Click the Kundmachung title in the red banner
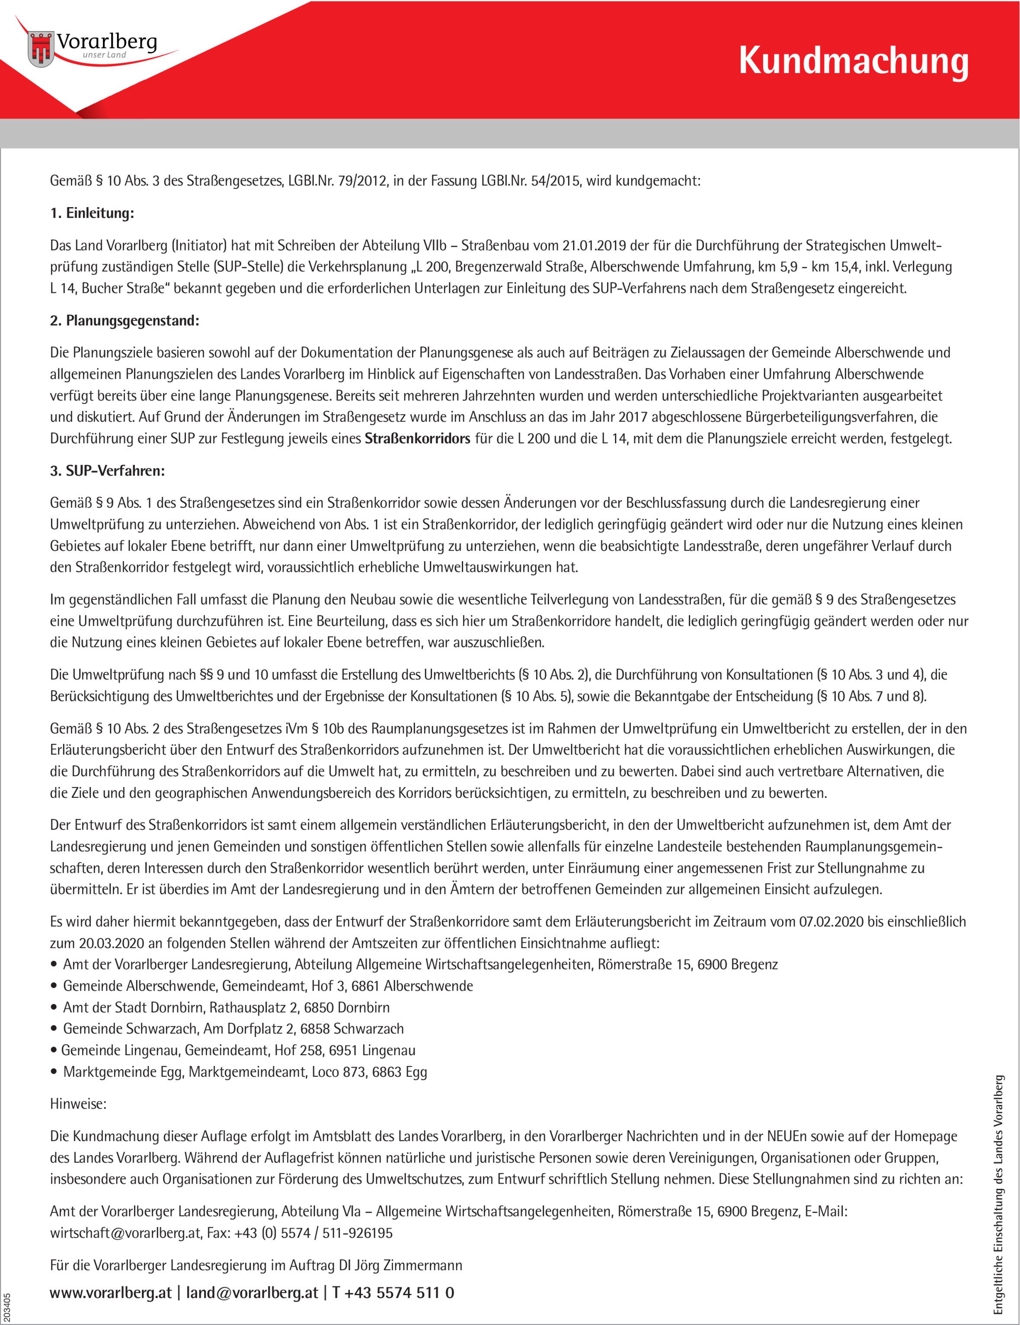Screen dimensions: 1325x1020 point(853,62)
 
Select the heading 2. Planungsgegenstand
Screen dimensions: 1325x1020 point(125,320)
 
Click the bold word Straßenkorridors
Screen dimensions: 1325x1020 point(417,438)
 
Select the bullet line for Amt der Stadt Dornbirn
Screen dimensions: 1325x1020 point(226,1007)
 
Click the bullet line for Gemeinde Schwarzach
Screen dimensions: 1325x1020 point(233,1028)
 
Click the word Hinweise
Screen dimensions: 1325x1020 point(78,1104)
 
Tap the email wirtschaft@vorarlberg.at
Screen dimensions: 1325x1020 point(125,1233)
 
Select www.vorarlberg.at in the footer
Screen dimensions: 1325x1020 point(110,1292)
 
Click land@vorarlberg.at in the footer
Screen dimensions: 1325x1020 point(252,1292)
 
